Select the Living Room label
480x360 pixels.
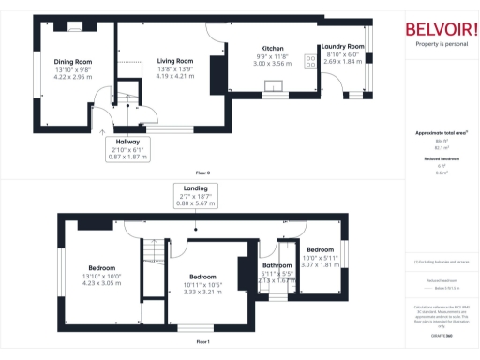[175, 61]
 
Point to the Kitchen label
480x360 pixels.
[272, 48]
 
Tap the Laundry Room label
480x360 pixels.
[342, 46]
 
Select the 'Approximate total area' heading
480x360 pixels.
[442, 133]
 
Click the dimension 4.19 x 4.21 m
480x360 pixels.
[175, 75]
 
